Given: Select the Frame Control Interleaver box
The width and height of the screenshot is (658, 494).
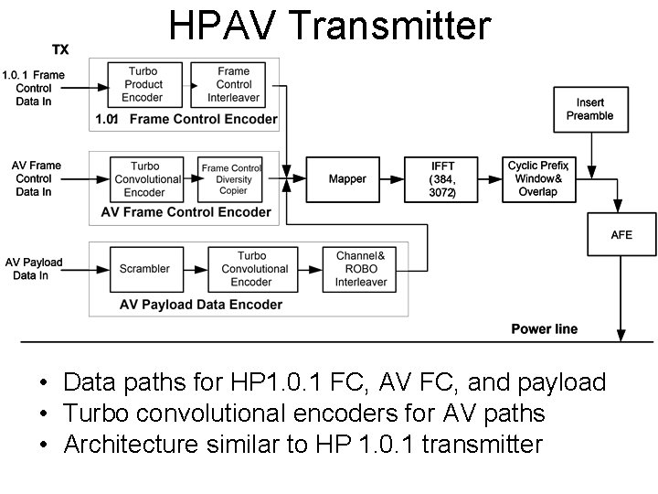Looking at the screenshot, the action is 233,84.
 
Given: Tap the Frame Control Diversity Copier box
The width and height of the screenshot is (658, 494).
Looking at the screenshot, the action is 232,179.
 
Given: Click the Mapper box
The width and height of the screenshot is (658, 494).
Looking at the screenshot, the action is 347,179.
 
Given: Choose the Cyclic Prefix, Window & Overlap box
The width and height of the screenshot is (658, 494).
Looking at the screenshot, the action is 537,179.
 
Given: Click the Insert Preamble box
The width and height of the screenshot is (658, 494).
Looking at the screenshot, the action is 589,109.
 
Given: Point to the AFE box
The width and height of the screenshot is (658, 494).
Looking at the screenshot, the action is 621,235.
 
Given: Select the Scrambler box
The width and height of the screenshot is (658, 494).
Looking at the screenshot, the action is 144,269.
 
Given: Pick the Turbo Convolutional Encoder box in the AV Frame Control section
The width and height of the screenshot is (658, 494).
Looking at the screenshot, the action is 144,179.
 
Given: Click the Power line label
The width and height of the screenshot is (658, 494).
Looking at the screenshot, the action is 544,329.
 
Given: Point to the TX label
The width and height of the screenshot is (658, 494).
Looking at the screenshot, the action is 59,49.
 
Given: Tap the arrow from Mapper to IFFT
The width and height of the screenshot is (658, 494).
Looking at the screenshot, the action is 395,179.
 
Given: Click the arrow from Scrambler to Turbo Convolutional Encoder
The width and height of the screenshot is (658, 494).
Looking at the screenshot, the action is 195,269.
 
